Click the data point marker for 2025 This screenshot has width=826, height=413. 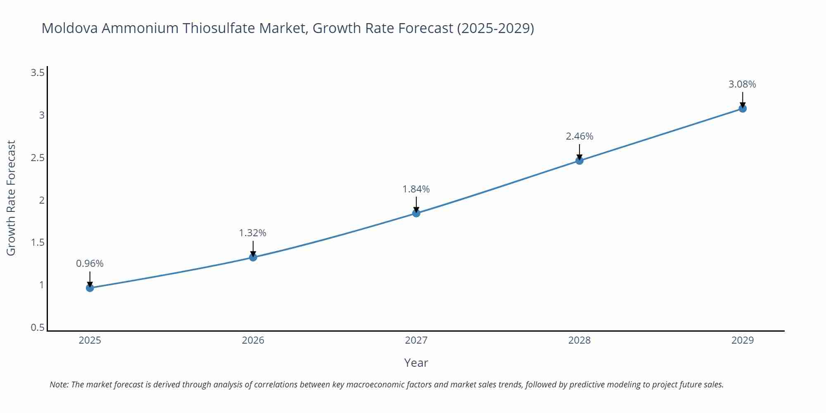click(90, 288)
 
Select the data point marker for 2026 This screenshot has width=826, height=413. click(253, 257)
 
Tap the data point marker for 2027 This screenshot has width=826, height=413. click(416, 213)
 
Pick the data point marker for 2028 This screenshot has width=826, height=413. click(579, 161)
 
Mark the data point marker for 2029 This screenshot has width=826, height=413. click(743, 109)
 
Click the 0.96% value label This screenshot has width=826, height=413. click(90, 263)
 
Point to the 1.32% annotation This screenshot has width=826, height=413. click(253, 233)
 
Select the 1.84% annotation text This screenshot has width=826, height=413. click(416, 189)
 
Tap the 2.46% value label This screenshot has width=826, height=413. click(579, 136)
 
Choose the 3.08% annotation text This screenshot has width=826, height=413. click(742, 84)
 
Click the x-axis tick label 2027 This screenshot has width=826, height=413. click(416, 340)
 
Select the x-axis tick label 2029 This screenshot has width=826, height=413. click(743, 340)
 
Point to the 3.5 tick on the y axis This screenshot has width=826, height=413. click(38, 73)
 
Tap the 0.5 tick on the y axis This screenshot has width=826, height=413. click(38, 328)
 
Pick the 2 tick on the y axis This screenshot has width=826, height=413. click(42, 200)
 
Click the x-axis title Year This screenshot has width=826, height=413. click(416, 363)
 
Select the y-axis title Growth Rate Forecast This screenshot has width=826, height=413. click(11, 198)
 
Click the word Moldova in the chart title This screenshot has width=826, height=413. click(69, 28)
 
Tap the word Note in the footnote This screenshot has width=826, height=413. click(59, 385)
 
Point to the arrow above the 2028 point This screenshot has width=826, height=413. click(579, 151)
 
